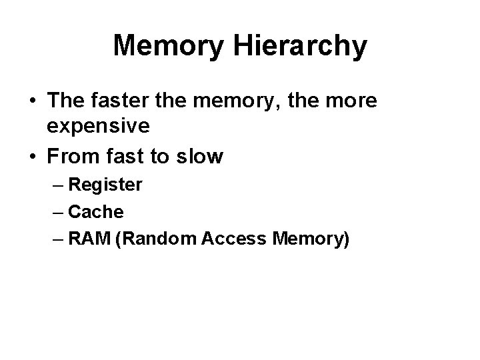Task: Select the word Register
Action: tap(105, 185)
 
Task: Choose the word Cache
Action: tap(95, 212)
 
